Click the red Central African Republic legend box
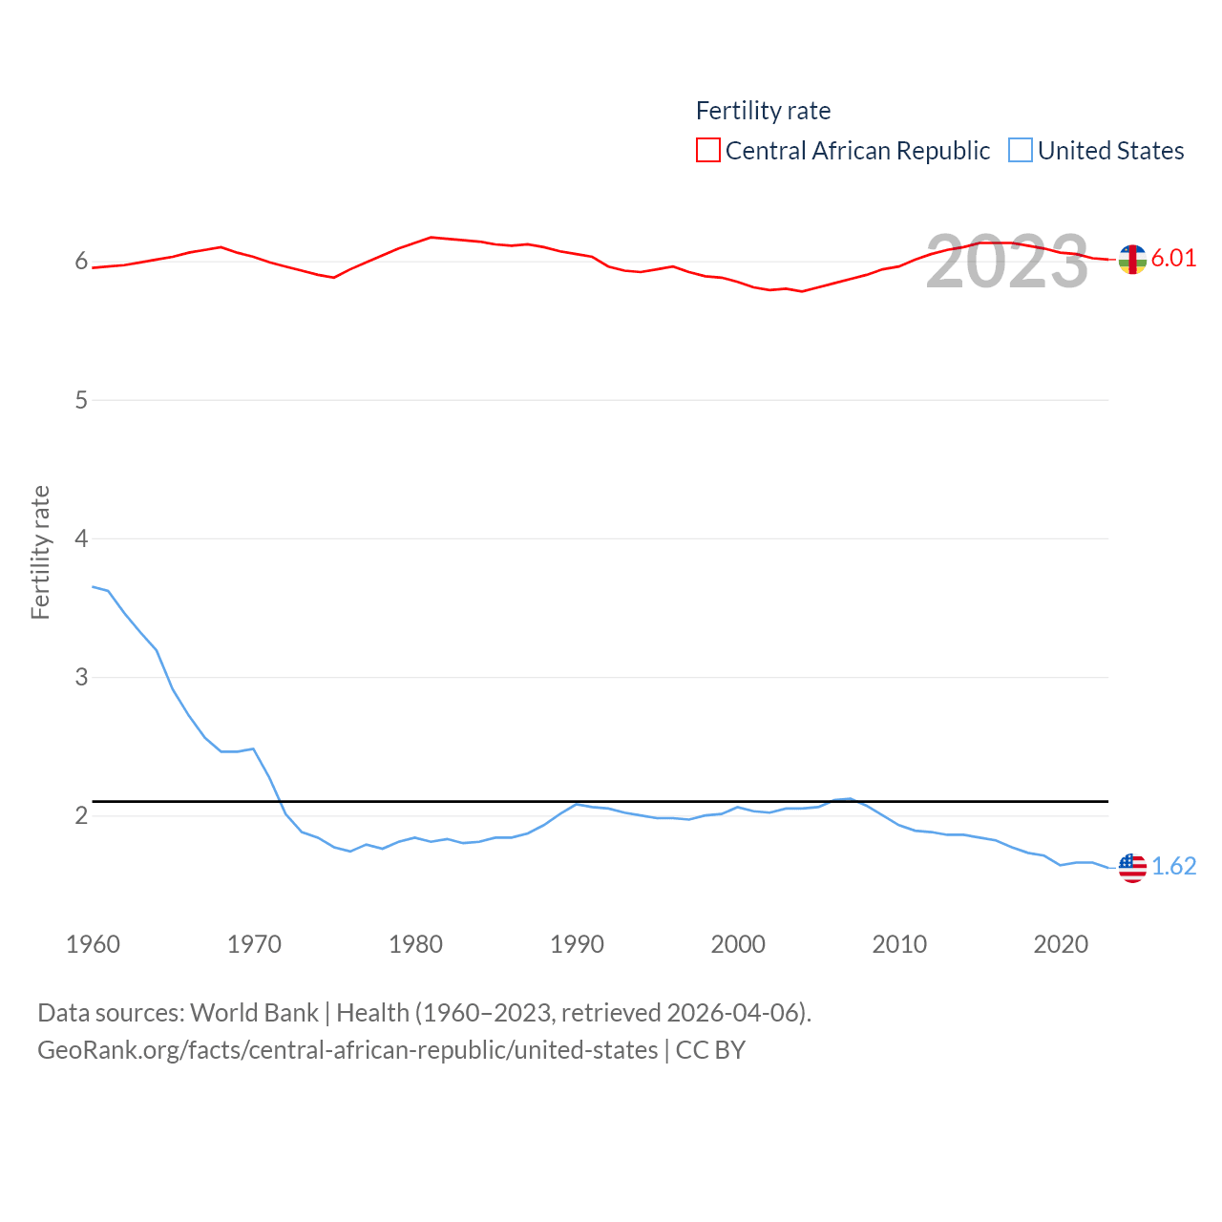pyautogui.click(x=707, y=151)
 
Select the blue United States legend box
pyautogui.click(x=1021, y=151)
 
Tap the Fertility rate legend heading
pyautogui.click(x=763, y=111)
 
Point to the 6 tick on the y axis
pyautogui.click(x=81, y=262)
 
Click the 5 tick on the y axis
pyautogui.click(x=81, y=400)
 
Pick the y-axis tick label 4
pyautogui.click(x=81, y=538)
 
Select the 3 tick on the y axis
pyautogui.click(x=81, y=677)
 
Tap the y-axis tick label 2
pyautogui.click(x=81, y=815)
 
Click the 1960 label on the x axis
pyautogui.click(x=93, y=944)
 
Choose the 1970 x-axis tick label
pyautogui.click(x=254, y=944)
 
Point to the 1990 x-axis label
pyautogui.click(x=577, y=944)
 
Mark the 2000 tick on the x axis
pyautogui.click(x=738, y=944)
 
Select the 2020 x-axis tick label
pyautogui.click(x=1061, y=944)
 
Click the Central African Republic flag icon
pyautogui.click(x=1132, y=259)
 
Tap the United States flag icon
pyautogui.click(x=1132, y=867)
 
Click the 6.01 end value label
pyautogui.click(x=1173, y=258)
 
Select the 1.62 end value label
pyautogui.click(x=1173, y=866)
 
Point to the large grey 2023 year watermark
pyautogui.click(x=1006, y=262)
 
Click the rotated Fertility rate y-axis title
pyautogui.click(x=40, y=553)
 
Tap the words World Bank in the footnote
pyautogui.click(x=254, y=1012)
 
